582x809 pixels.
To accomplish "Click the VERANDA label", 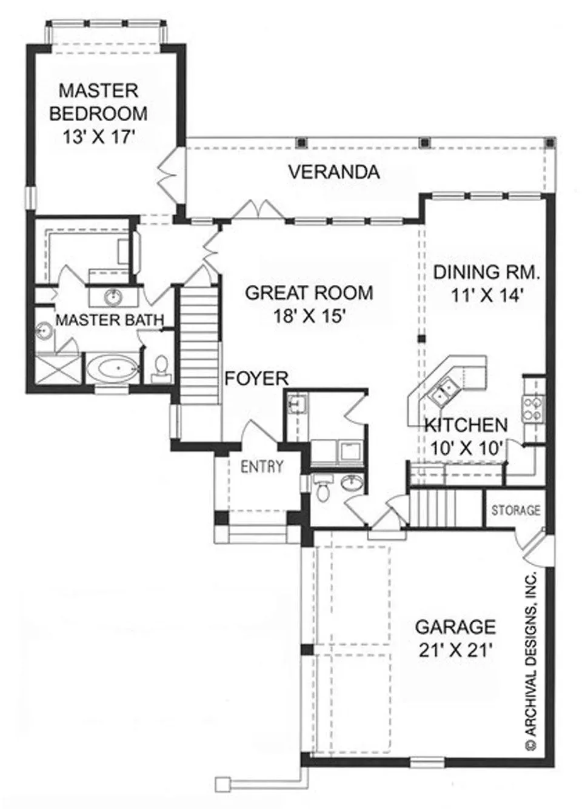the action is [334, 172].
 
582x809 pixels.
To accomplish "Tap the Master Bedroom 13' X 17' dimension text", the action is [99, 137].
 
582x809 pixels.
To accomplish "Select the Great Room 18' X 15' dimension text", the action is [309, 317].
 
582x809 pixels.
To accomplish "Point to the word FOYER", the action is [256, 379].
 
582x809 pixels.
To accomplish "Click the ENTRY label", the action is [263, 467].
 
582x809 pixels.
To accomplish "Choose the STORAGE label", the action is [516, 510].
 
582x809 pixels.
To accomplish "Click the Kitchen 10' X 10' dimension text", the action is [466, 448].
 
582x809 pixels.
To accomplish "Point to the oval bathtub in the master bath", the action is [112, 368].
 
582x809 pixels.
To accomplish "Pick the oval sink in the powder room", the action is [352, 483].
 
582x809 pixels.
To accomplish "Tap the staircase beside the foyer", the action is [200, 345].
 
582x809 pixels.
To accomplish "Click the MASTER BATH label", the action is [110, 320].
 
